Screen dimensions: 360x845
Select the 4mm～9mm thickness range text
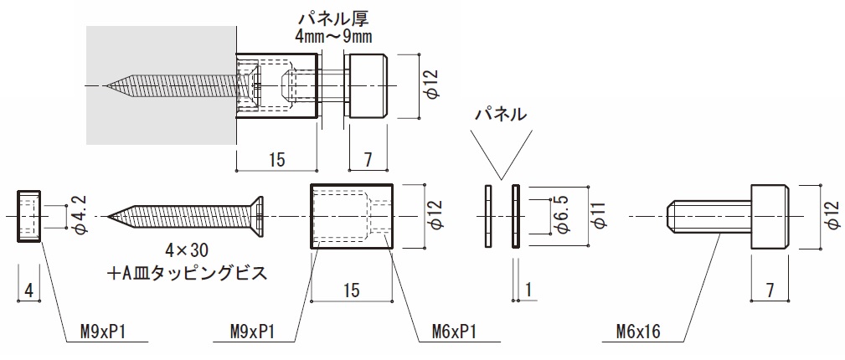(332, 36)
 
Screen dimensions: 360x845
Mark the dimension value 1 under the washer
(529, 290)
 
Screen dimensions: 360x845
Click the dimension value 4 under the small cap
(29, 291)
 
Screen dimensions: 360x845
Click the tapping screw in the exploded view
(188, 217)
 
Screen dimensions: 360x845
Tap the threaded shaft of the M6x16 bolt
(708, 217)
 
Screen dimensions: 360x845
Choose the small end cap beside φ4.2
(28, 217)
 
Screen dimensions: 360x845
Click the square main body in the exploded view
(352, 217)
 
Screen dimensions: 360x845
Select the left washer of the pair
(487, 217)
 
